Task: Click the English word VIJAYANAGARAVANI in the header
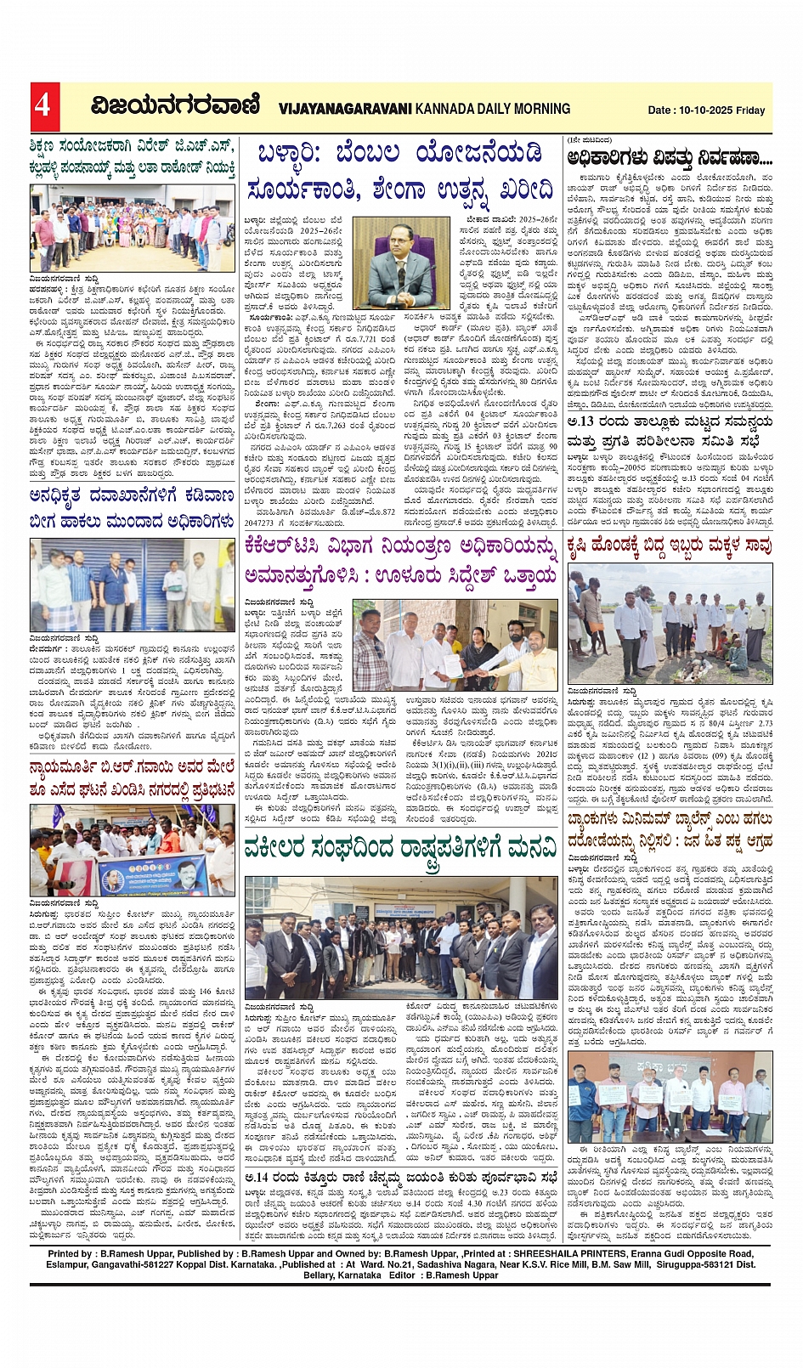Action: point(345,109)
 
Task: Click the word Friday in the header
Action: point(751,110)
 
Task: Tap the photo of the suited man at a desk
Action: point(401,263)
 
